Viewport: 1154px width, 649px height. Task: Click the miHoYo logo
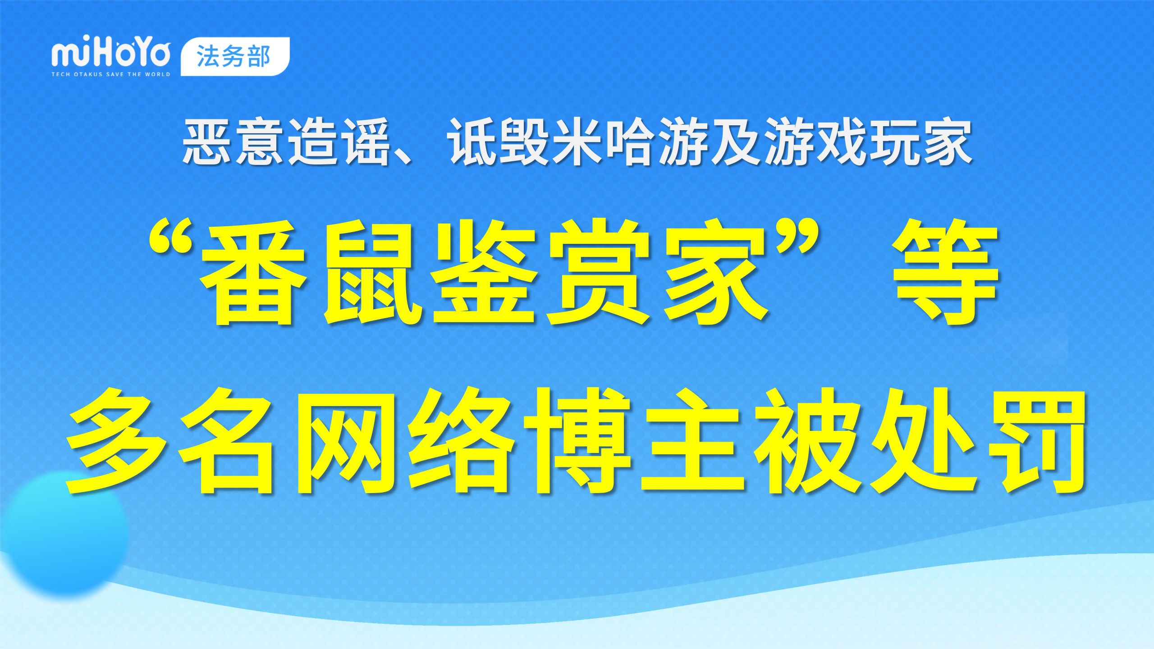coord(111,55)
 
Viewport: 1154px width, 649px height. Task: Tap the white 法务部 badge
coord(235,56)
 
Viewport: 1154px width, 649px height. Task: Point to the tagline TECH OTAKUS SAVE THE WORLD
coord(111,74)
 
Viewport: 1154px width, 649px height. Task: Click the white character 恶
coord(209,141)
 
